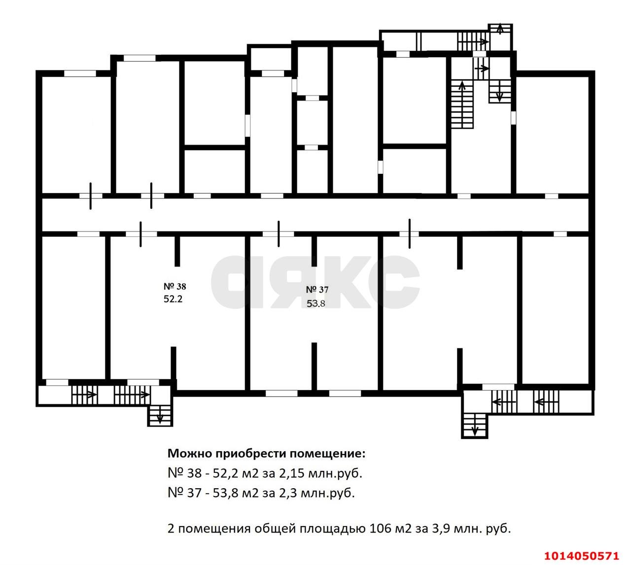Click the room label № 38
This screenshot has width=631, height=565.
[x=175, y=286]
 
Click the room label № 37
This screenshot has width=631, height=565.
[x=317, y=290]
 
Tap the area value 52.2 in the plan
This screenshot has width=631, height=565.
[x=173, y=299]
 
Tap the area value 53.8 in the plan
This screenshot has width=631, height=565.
[x=316, y=303]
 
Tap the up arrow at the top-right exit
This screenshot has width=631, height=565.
[x=500, y=29]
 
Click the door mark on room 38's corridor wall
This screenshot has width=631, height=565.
[x=141, y=233]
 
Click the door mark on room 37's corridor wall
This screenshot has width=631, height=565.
[x=279, y=233]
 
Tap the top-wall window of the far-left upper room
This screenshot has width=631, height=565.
[x=80, y=73]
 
